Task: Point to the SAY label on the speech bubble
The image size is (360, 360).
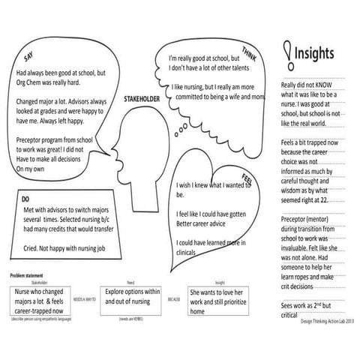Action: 28,57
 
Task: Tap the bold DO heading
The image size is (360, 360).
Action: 25,199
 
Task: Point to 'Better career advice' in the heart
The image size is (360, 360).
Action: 208,222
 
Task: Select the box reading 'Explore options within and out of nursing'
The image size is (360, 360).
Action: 133,296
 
